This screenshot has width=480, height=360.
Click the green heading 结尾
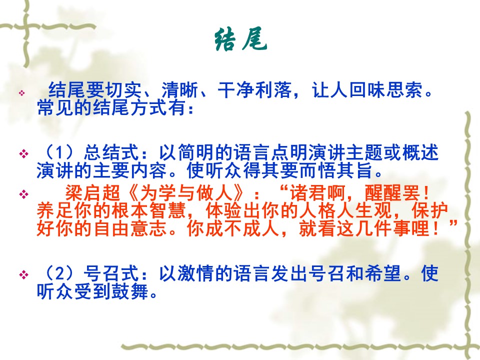[x=240, y=40]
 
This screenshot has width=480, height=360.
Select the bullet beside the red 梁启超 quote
[x=23, y=194]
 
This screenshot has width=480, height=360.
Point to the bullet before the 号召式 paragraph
[x=23, y=274]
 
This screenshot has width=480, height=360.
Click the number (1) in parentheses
[x=60, y=152]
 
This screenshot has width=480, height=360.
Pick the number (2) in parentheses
[x=60, y=273]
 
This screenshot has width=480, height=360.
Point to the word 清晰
[x=180, y=90]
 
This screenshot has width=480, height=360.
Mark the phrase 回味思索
[x=386, y=90]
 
